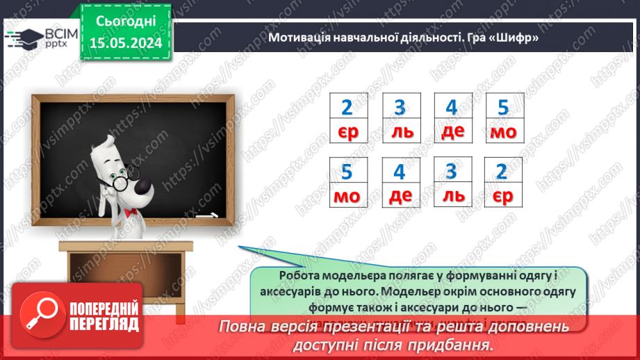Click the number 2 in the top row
pos(347,108)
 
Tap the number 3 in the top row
pos(400,108)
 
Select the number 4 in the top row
pos(452,108)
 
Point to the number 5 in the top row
pos(504,108)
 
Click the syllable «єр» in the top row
pos(347,132)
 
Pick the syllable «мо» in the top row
pos(504,132)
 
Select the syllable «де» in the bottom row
pos(400,196)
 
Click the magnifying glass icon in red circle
pos(40,314)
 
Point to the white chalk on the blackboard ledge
pos(206,216)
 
